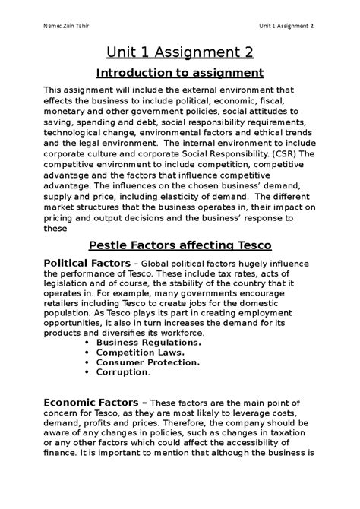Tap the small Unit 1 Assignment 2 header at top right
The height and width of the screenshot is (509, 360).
[286, 28]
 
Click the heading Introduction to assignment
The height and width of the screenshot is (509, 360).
[179, 74]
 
